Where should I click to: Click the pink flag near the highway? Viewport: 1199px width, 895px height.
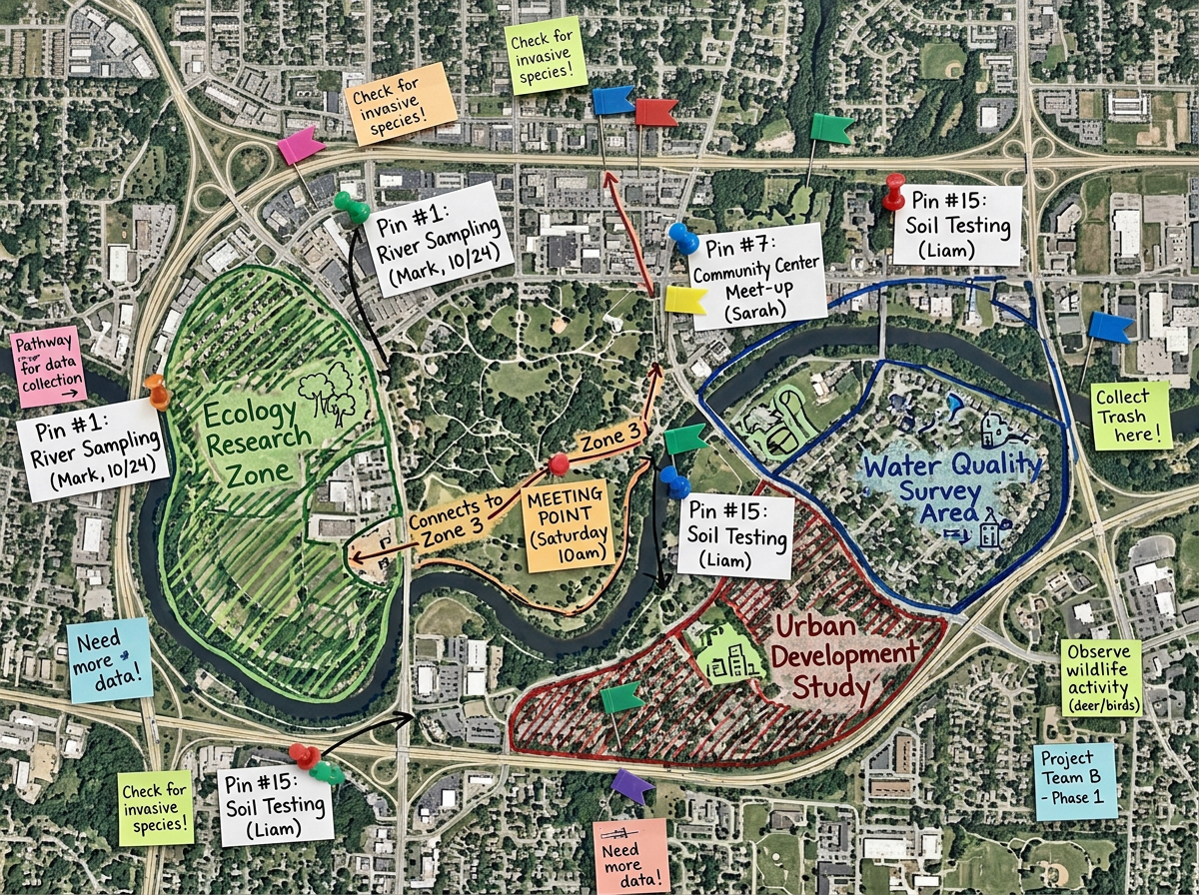coord(300,146)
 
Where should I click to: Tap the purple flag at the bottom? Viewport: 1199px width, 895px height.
coord(632,785)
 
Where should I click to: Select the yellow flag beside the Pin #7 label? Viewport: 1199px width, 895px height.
coord(685,300)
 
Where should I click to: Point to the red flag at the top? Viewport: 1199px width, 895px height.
coord(655,112)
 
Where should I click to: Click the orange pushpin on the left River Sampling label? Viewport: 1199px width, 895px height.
coord(157,391)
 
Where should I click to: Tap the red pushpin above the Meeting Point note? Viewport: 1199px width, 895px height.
coord(559,463)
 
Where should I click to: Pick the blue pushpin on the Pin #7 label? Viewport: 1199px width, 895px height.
coord(683,238)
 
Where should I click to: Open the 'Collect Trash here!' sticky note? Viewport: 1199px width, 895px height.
coord(1131,415)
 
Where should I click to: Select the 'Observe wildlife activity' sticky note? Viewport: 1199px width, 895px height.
coord(1101,677)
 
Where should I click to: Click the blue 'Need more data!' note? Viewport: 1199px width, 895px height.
coord(109,660)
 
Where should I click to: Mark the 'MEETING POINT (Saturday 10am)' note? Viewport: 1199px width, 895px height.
coord(567,525)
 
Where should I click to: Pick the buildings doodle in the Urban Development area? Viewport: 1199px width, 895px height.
coord(727,653)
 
